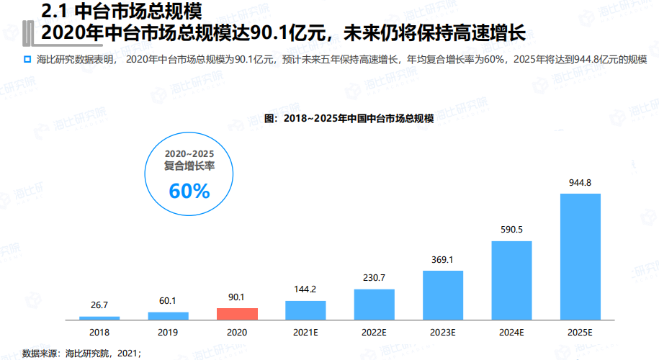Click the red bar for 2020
click(x=237, y=313)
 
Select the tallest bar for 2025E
click(x=580, y=256)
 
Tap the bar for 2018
click(x=99, y=318)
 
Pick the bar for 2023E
click(x=443, y=295)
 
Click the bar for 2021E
click(x=305, y=310)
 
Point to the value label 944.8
click(x=580, y=183)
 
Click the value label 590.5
click(x=511, y=230)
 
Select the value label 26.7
click(x=99, y=306)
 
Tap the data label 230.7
click(x=374, y=278)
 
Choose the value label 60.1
click(x=168, y=301)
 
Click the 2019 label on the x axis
click(x=168, y=333)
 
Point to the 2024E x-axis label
click(x=511, y=333)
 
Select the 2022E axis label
click(x=374, y=333)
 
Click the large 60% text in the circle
click(x=189, y=191)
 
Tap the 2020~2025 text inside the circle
click(x=189, y=154)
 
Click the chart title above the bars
click(x=349, y=118)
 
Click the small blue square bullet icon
click(x=27, y=58)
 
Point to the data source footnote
click(x=81, y=353)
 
